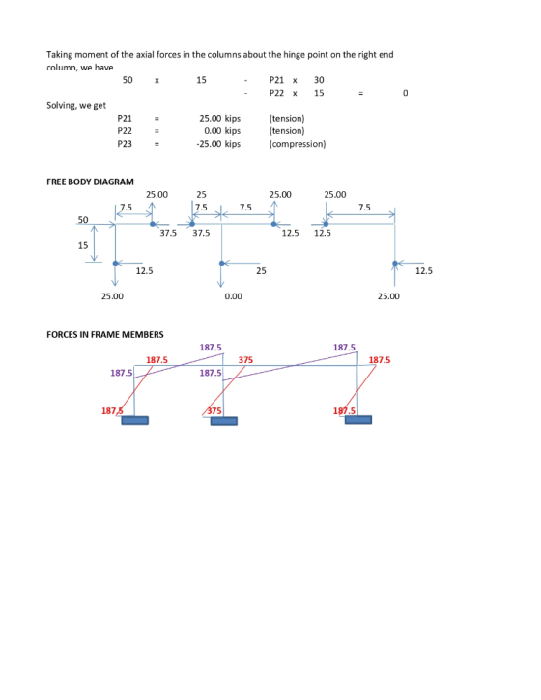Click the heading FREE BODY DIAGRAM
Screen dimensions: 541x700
point(90,182)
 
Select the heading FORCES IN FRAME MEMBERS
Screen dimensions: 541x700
point(105,334)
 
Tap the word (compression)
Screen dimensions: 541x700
point(298,144)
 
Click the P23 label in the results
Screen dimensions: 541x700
point(125,144)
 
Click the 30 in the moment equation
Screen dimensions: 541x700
point(319,80)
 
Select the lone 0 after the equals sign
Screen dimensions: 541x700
point(405,93)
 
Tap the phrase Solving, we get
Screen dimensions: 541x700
point(76,106)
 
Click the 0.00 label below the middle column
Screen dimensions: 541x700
point(233,296)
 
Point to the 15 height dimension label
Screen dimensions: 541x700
point(83,245)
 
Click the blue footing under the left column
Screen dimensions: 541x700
point(135,420)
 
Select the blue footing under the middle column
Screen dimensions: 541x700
point(224,421)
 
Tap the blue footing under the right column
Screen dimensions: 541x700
point(358,420)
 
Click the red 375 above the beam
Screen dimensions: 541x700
point(245,360)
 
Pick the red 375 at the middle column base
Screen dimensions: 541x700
point(214,410)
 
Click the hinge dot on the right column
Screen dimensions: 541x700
point(395,264)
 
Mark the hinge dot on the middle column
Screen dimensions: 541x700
point(222,264)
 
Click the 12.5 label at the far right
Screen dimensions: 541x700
point(424,271)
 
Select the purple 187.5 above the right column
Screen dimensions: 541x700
point(344,348)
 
